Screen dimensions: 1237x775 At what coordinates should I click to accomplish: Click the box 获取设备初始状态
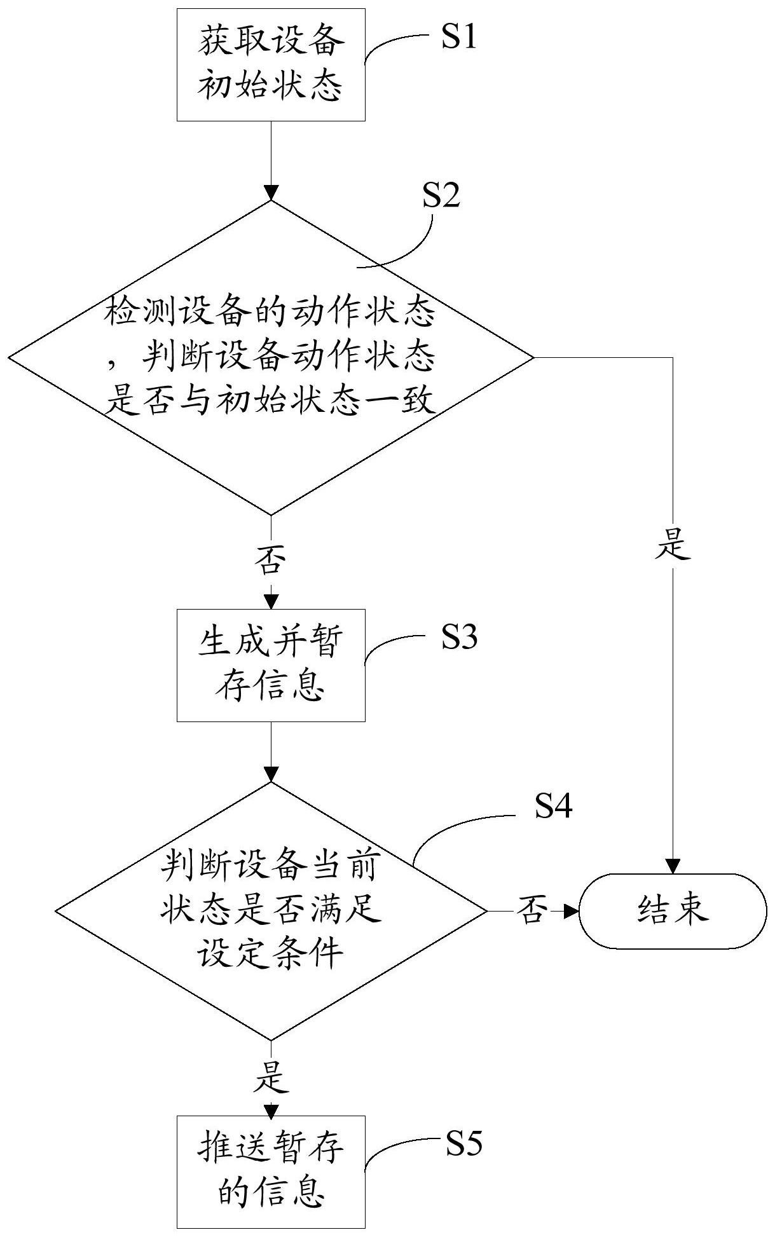point(271,64)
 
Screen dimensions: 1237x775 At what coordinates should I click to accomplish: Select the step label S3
point(460,638)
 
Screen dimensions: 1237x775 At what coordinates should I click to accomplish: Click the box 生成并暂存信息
point(271,665)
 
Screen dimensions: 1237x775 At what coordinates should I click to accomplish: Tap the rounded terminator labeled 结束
point(673,911)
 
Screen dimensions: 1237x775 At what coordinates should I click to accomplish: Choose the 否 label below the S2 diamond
point(271,559)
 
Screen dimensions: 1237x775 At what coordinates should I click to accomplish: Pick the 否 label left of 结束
point(533,911)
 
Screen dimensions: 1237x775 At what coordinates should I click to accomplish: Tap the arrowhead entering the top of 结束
point(673,866)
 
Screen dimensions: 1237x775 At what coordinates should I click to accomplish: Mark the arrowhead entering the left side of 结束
point(571,911)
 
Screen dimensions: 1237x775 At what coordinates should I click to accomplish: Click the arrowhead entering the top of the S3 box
point(271,601)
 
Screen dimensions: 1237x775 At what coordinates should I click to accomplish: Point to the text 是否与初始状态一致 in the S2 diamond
point(271,402)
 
